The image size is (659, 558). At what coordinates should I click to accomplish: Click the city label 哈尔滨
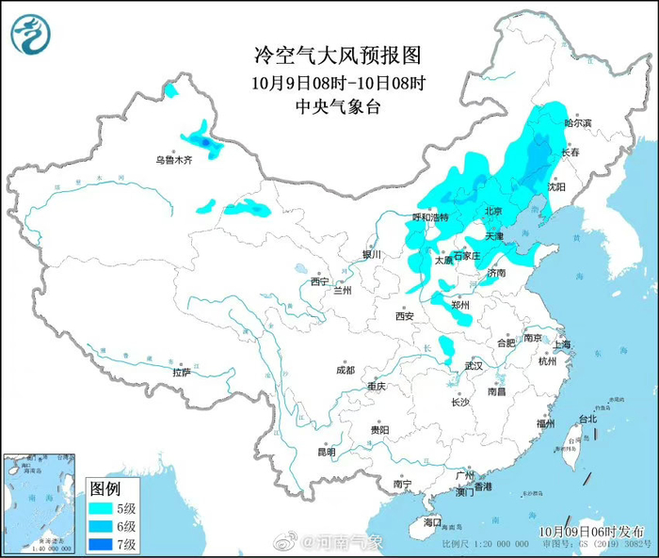[577, 123]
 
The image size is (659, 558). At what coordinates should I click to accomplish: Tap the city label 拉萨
[181, 373]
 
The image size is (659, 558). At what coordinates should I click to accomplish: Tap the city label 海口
[432, 521]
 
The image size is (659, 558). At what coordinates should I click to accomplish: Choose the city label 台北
[587, 418]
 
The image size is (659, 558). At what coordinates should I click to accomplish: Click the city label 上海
[563, 344]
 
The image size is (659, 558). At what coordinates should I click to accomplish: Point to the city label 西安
[405, 316]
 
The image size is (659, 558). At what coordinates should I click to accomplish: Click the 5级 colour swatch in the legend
[99, 508]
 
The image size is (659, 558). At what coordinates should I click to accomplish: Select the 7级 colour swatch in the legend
[99, 544]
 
